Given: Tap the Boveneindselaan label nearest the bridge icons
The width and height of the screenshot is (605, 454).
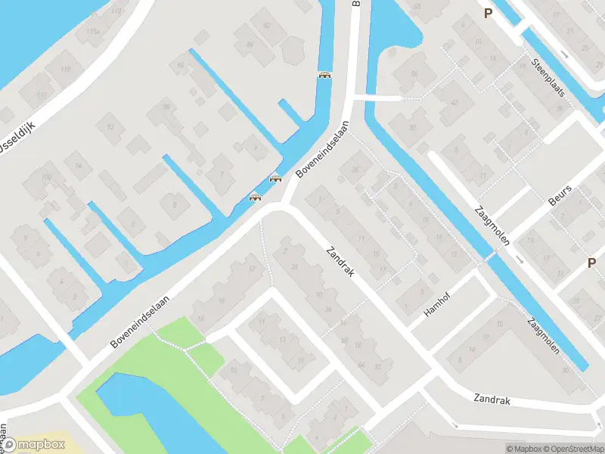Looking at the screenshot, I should (x=323, y=149).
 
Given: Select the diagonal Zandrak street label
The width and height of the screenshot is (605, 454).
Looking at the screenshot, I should (x=340, y=261).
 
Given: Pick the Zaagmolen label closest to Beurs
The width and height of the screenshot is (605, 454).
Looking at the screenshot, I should (x=491, y=225).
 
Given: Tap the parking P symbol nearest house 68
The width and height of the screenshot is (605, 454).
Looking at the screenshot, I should (x=488, y=13).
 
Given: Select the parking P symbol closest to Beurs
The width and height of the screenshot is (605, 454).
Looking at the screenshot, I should (x=591, y=263).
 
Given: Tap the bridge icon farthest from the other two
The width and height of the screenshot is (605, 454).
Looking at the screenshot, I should (x=325, y=74).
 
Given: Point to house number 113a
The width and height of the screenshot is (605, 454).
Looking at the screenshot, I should (x=92, y=31).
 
